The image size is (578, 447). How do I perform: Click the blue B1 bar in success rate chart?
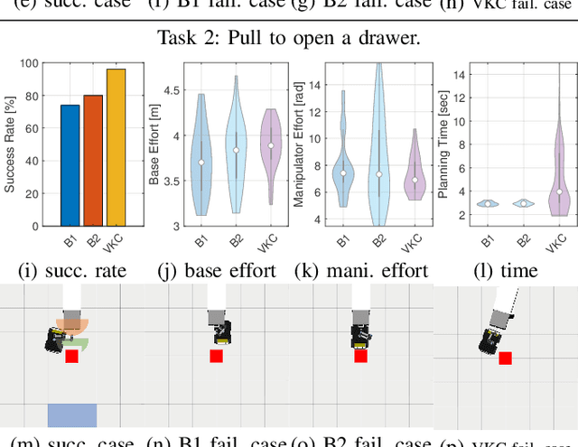[70, 165]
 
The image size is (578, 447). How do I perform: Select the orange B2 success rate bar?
[93, 160]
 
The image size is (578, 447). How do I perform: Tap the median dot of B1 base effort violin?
[201, 163]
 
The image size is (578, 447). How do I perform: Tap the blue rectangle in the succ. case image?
[71, 415]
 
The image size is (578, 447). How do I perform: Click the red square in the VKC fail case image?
[506, 359]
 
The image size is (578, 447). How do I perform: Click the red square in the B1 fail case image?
[216, 356]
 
